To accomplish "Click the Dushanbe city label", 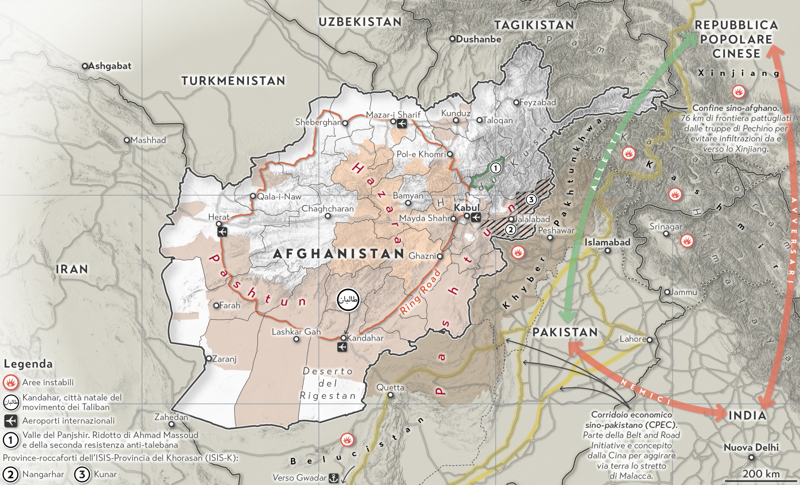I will pyautogui.click(x=478, y=39).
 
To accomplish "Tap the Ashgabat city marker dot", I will pyautogui.click(x=84, y=66).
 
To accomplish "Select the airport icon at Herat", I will pyautogui.click(x=222, y=232).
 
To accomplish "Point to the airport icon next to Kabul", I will pyautogui.click(x=476, y=217).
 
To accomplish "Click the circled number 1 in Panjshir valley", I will pyautogui.click(x=495, y=168).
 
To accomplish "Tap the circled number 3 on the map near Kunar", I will pyautogui.click(x=531, y=199).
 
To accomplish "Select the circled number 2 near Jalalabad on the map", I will pyautogui.click(x=511, y=229).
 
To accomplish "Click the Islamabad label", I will pyautogui.click(x=607, y=242).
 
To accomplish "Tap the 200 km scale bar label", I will pyautogui.click(x=761, y=474).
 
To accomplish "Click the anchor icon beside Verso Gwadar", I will pyautogui.click(x=333, y=478).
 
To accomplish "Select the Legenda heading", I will pyautogui.click(x=28, y=364).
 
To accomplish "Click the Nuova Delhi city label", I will pyautogui.click(x=751, y=448).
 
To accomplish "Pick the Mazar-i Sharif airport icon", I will pyautogui.click(x=402, y=124).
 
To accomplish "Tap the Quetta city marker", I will pyautogui.click(x=390, y=395).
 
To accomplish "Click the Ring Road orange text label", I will pyautogui.click(x=420, y=293).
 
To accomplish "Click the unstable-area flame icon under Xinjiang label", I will pyautogui.click(x=738, y=92).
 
